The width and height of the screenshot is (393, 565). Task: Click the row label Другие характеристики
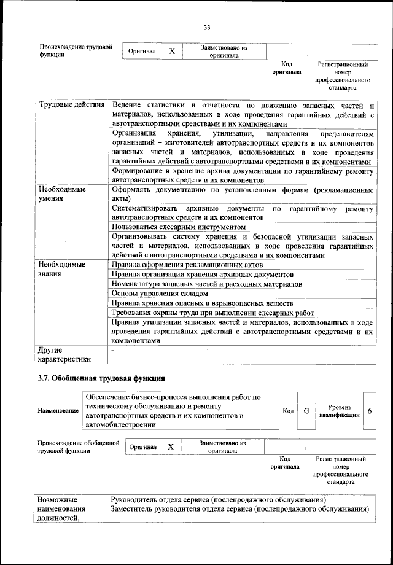[x=64, y=354]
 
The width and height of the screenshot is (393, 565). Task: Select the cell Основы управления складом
[x=155, y=294]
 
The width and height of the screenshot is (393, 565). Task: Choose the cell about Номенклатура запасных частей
[x=207, y=284]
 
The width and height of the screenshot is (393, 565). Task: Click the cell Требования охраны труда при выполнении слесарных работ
[x=212, y=313]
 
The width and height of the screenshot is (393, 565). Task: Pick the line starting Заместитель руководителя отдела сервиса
[x=239, y=509]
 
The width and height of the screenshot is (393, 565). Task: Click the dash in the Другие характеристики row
[x=113, y=349]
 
